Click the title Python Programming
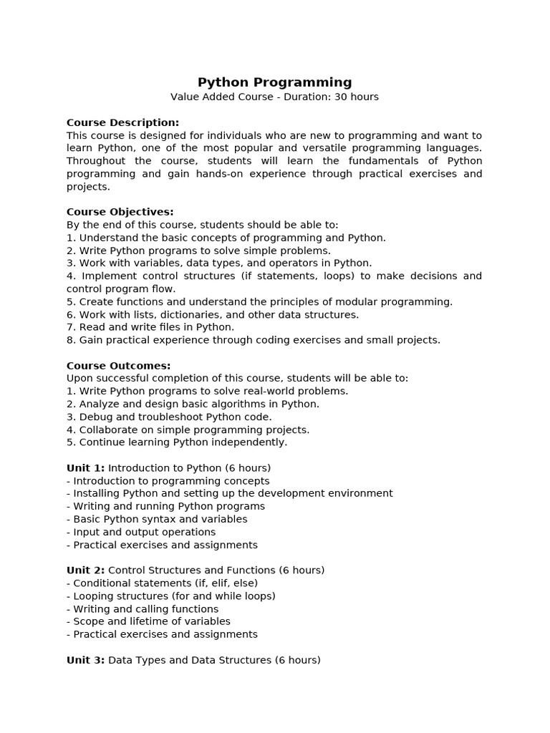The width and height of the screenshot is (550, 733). [x=274, y=82]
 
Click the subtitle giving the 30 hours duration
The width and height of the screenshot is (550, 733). [x=274, y=97]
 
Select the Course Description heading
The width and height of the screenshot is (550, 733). [x=122, y=122]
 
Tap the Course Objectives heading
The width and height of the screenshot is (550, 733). [x=120, y=212]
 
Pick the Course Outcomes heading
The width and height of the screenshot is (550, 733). [x=118, y=366]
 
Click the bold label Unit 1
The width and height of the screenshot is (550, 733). [x=85, y=468]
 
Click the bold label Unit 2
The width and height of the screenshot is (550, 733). [x=85, y=571]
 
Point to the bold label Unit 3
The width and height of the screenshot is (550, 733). [x=85, y=660]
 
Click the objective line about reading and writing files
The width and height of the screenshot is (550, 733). [x=150, y=327]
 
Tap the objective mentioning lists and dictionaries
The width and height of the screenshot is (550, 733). [x=213, y=314]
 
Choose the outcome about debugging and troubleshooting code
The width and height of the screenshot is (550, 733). [x=169, y=417]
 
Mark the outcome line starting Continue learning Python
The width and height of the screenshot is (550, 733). [x=177, y=442]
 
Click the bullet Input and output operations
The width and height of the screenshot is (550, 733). [x=141, y=532]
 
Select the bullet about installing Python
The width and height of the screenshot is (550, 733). [x=229, y=493]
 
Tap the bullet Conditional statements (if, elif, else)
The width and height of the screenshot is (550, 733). [x=162, y=583]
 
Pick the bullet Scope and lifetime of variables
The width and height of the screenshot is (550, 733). [x=148, y=621]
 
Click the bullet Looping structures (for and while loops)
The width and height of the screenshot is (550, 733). [x=170, y=596]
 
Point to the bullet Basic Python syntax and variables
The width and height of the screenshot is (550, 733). [x=157, y=519]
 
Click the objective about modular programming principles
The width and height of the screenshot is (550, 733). [x=259, y=301]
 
